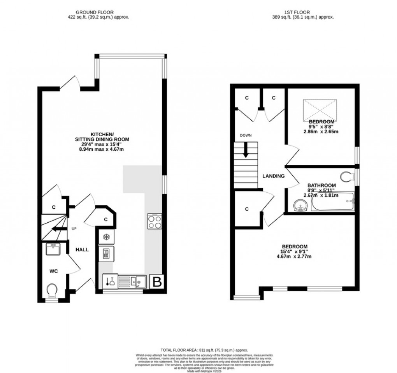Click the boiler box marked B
157,282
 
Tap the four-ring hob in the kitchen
155,222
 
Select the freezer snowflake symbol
106,237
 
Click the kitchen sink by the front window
137,281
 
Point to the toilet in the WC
51,290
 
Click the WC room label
53,271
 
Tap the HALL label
82,250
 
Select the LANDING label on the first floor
273,176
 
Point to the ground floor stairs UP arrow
57,229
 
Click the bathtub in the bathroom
332,202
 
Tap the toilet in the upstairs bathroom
346,177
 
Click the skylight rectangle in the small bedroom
320,110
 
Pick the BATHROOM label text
321,185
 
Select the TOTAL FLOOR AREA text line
204,350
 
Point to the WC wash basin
53,248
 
